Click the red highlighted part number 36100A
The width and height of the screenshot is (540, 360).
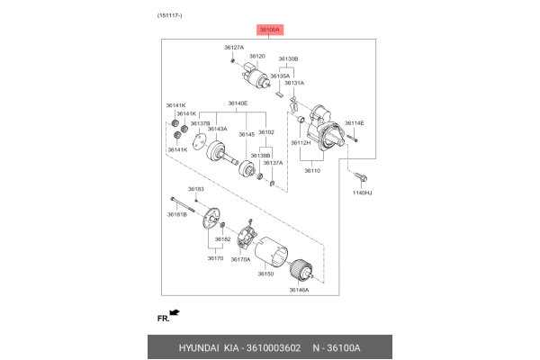click(270, 30)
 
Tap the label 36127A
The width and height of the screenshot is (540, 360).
click(234, 47)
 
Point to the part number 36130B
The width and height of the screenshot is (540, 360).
click(288, 58)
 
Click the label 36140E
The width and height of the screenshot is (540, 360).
click(238, 103)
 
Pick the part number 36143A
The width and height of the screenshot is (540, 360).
click(217, 129)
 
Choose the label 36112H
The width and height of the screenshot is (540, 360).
click(301, 142)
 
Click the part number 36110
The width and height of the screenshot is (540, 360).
click(311, 170)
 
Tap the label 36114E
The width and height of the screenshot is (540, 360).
click(355, 122)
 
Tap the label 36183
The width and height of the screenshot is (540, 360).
click(196, 189)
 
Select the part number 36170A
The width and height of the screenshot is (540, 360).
click(239, 259)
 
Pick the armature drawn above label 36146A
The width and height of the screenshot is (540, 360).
click(300, 270)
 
